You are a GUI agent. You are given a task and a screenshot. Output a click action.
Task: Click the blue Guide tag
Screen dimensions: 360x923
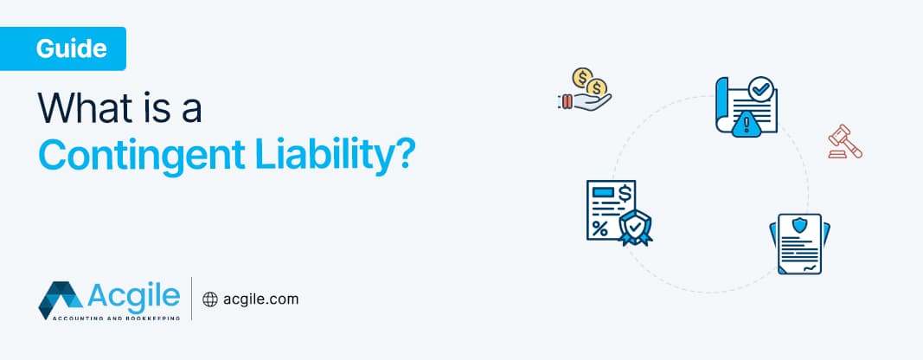pos(71,48)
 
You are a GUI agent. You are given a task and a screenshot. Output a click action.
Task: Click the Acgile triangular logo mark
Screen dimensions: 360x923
pos(60,299)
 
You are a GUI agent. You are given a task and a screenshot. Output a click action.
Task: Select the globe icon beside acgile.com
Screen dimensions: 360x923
pos(208,299)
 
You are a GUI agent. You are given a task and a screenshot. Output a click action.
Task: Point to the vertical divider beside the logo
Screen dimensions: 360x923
pos(191,299)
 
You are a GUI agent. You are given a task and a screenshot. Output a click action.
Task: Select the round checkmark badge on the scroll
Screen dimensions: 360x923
pos(760,89)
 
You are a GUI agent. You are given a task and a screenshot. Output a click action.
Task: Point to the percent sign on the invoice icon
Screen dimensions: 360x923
pos(599,228)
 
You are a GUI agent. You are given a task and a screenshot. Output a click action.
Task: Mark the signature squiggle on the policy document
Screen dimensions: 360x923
pos(809,268)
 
